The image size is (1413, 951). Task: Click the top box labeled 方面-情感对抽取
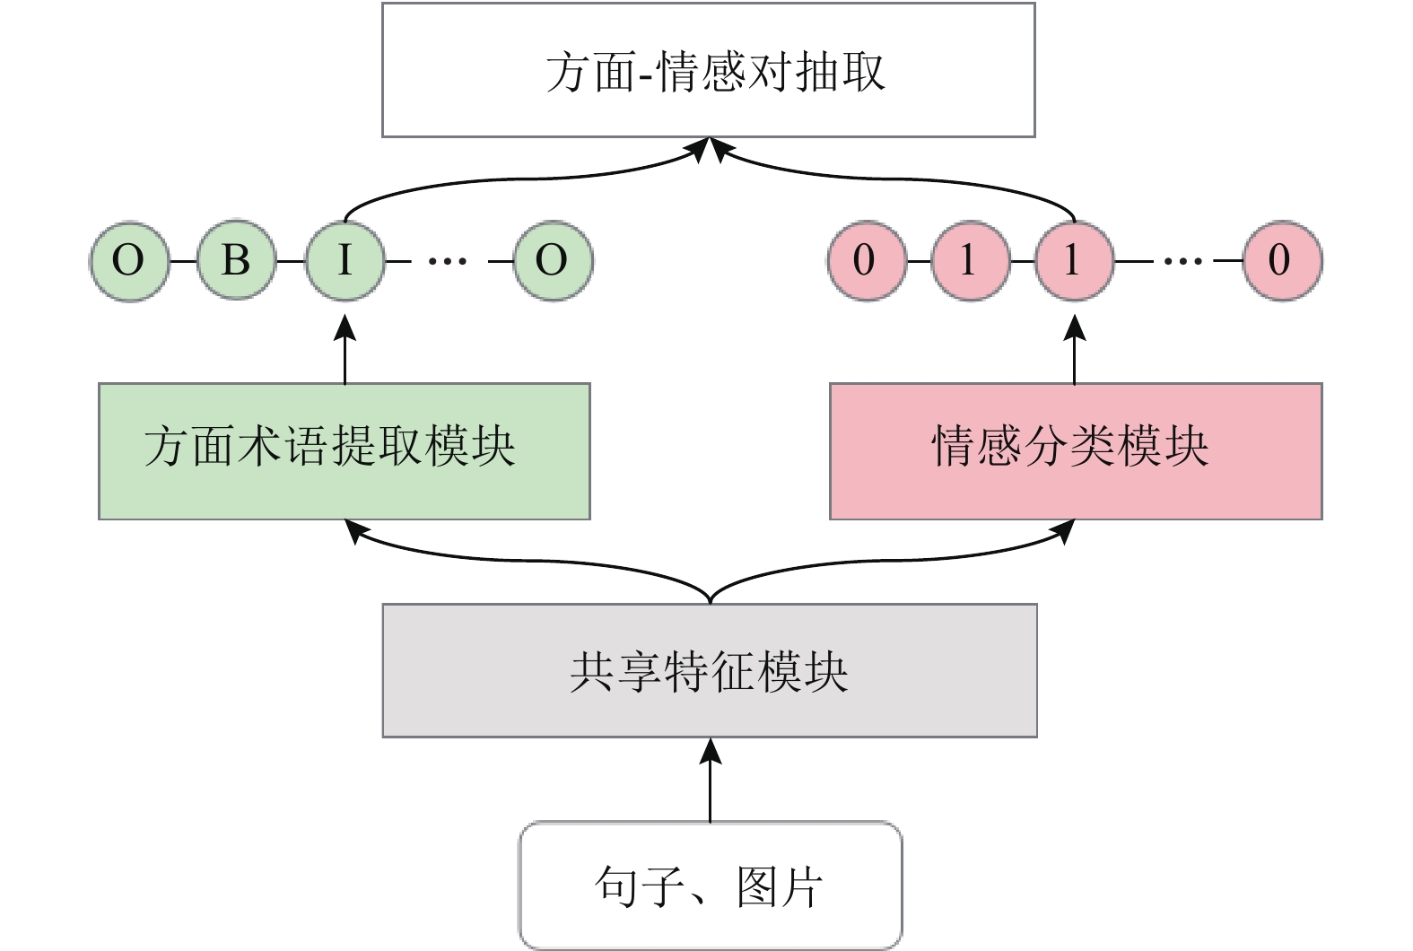click(709, 70)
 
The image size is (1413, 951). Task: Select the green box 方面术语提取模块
click(345, 450)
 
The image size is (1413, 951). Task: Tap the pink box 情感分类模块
click(1075, 450)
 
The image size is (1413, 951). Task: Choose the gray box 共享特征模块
click(710, 670)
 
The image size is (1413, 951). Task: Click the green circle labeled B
click(236, 261)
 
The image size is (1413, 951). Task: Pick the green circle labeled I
click(345, 261)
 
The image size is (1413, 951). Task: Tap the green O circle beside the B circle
click(129, 261)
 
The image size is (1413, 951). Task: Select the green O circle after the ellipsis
click(553, 261)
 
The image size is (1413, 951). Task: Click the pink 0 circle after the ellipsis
click(1281, 261)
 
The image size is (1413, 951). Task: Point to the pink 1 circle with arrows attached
click(1074, 261)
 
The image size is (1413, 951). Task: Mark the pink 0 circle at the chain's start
click(865, 261)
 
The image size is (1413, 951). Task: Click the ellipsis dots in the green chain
click(448, 261)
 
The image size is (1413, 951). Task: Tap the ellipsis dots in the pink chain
click(1183, 261)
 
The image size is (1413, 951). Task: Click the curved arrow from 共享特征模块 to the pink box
click(897, 561)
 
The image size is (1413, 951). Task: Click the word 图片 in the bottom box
click(779, 887)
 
